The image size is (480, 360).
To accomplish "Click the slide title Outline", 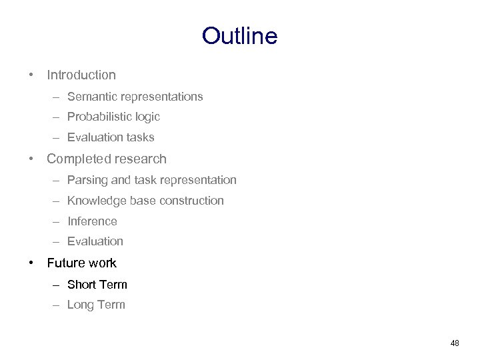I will (239, 36).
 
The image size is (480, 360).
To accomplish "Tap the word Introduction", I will (81, 75).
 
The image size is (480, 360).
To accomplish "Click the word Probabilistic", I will (98, 117).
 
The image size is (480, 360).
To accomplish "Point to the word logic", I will (146, 117).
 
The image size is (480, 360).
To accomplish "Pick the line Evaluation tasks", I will (111, 137).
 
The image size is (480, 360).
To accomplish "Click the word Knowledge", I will (95, 201).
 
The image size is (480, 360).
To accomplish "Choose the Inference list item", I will (92, 221).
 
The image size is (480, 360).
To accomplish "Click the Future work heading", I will (81, 263).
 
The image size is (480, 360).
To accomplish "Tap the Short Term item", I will (97, 285).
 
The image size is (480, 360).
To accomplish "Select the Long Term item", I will (96, 305).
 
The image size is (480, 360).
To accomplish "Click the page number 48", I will (455, 343).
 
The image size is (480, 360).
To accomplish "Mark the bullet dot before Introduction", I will (32, 75).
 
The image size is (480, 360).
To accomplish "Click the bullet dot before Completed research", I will (32, 159).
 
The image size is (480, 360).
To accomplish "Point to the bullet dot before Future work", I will (32, 263).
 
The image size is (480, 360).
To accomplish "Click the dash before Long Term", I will (57, 305).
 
